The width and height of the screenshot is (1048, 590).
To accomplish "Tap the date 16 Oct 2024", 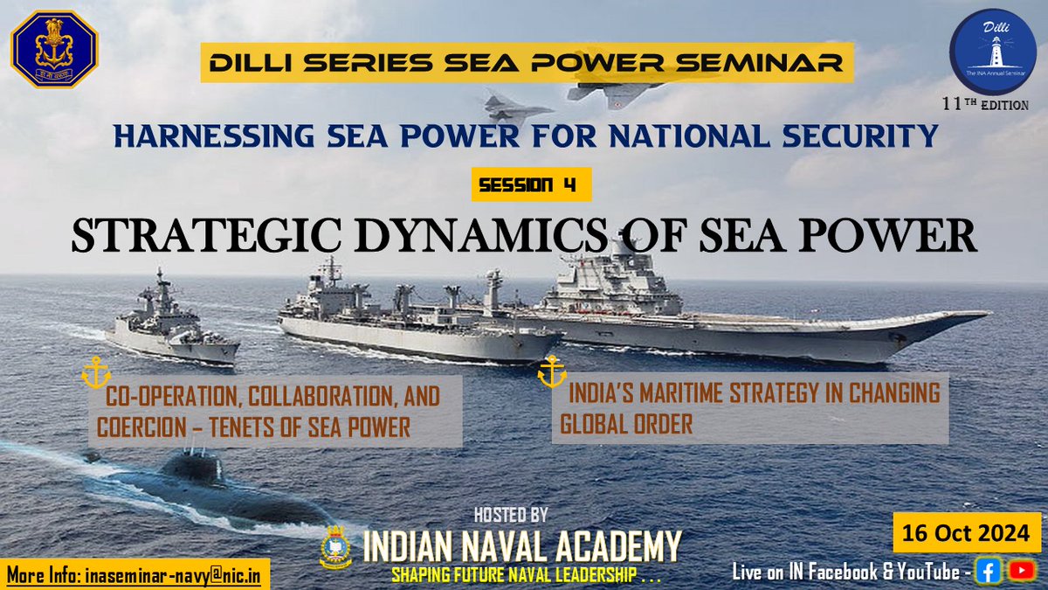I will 966,531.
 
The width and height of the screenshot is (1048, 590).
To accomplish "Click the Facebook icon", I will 989,571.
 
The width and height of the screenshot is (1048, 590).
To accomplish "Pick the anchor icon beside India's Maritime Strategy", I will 551,371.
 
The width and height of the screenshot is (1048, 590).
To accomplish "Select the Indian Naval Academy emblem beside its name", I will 338,545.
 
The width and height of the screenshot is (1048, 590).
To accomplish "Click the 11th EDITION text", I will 985,104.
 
